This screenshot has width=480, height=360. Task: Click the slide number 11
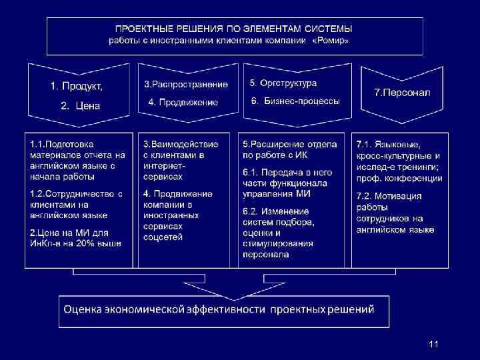[x=434, y=344]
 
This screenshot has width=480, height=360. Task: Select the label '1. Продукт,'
[x=77, y=86]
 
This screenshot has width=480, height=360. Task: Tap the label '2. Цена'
[x=80, y=105]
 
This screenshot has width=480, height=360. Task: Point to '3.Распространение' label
[x=186, y=85]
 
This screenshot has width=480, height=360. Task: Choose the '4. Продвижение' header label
[x=183, y=102]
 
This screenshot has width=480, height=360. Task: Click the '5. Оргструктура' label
[x=283, y=83]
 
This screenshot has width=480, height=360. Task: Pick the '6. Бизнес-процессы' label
[x=295, y=101]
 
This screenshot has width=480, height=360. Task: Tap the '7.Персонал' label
[x=402, y=92]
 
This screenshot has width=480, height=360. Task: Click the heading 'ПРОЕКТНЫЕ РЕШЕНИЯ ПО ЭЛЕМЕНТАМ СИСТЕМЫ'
[x=234, y=29]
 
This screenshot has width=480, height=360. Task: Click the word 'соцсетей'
[x=163, y=237]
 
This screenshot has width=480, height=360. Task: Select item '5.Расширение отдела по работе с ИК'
[x=289, y=149]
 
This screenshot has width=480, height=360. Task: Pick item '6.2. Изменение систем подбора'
[x=279, y=231]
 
